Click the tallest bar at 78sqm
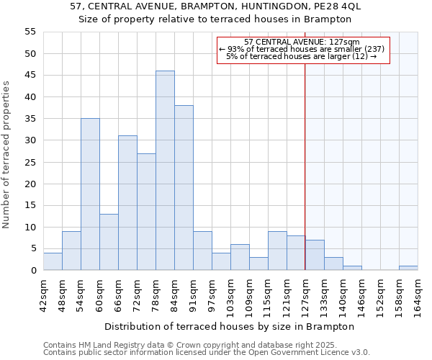coord(165,171)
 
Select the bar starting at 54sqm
coord(90,194)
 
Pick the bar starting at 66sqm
coord(127,203)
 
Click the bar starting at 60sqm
coord(109,242)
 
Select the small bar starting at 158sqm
coord(408,268)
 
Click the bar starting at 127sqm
coord(315,255)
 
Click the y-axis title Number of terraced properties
coord(7,154)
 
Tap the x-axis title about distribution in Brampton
coord(230,326)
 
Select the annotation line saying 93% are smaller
coord(302,49)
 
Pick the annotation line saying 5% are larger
coord(302,56)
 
